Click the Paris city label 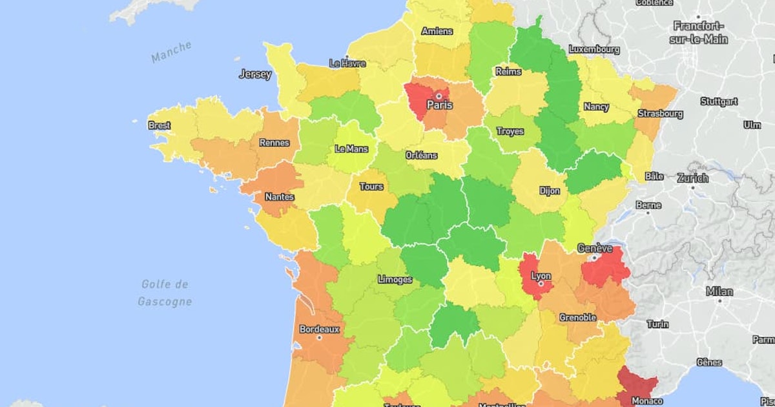[x=439, y=105]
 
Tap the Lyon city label [x=541, y=276]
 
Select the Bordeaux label [x=319, y=329]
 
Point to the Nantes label [x=279, y=196]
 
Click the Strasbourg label [x=660, y=114]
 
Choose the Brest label [x=160, y=125]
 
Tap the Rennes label [x=274, y=143]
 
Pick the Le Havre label [x=347, y=63]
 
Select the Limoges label [x=395, y=280]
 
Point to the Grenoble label [x=577, y=317]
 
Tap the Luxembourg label [x=594, y=49]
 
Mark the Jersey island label [x=255, y=74]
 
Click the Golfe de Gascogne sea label [x=165, y=293]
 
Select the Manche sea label [x=172, y=52]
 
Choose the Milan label [x=719, y=291]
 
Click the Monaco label [x=639, y=401]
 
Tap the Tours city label [x=371, y=187]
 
